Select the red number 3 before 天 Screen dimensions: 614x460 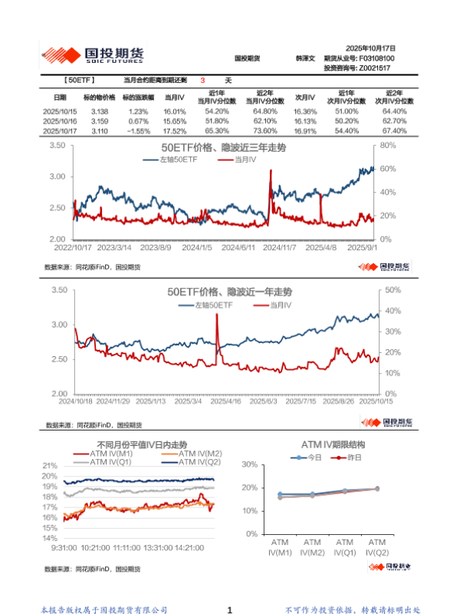[x=202, y=81]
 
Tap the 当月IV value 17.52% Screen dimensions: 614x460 [x=175, y=131]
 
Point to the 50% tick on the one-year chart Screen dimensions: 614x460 [x=393, y=290]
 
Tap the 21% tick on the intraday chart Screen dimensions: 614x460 [x=50, y=466]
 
